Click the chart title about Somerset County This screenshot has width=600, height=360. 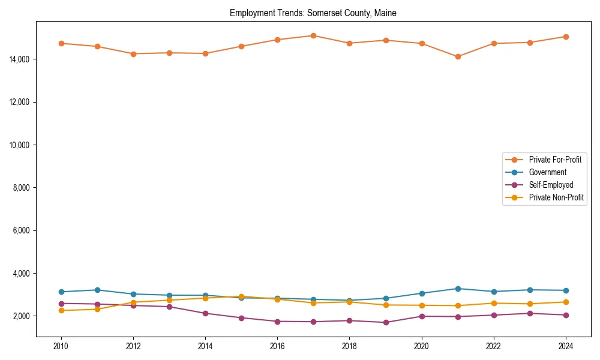313,13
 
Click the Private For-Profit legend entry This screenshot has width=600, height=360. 554,160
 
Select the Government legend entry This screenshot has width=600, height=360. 547,172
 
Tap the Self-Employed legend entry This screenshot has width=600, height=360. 551,185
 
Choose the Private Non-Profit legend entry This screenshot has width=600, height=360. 556,197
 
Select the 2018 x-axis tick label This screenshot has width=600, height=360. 349,346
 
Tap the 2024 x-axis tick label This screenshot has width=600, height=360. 566,346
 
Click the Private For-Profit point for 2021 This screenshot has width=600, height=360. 458,56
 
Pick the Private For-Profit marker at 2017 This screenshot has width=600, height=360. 313,35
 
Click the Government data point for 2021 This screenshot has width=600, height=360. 458,289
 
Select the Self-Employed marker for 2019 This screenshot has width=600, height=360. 386,322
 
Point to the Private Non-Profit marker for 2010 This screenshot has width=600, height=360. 61,310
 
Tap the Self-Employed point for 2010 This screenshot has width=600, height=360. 61,304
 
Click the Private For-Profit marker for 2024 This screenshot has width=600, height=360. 566,37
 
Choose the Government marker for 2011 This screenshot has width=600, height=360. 97,290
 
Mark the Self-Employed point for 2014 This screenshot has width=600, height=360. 205,313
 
